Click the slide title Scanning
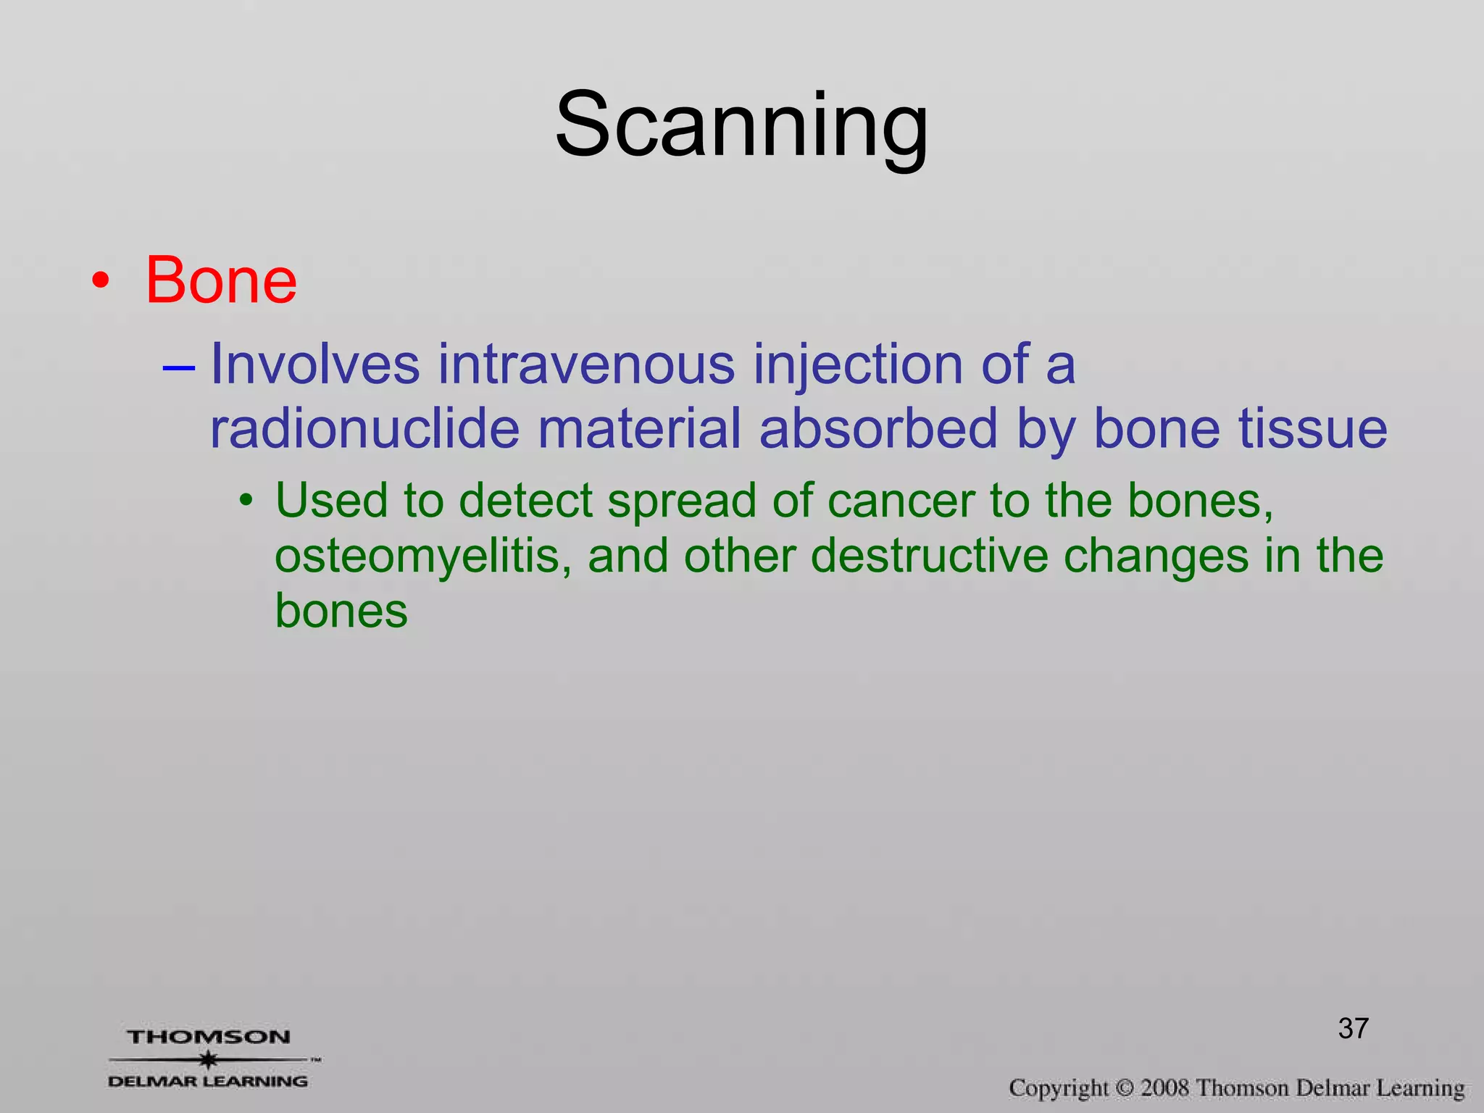(x=741, y=125)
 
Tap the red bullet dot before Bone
(x=101, y=282)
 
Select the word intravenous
(x=587, y=364)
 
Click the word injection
(x=859, y=365)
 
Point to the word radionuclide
(x=364, y=428)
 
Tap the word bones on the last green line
(x=341, y=611)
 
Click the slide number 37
(x=1353, y=1028)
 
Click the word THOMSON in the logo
(x=209, y=1037)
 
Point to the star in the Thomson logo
(x=209, y=1059)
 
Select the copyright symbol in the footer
(x=1124, y=1088)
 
